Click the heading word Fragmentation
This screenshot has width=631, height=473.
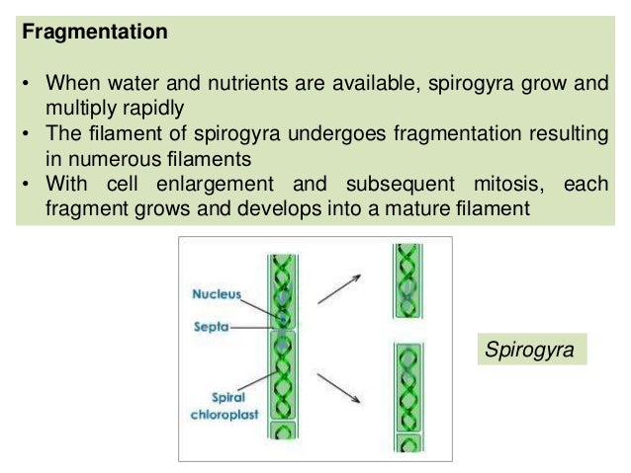pyautogui.click(x=95, y=33)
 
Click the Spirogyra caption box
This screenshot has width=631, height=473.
pyautogui.click(x=528, y=349)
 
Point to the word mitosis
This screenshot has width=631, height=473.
pyautogui.click(x=508, y=186)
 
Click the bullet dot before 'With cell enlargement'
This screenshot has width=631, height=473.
pyautogui.click(x=26, y=186)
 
